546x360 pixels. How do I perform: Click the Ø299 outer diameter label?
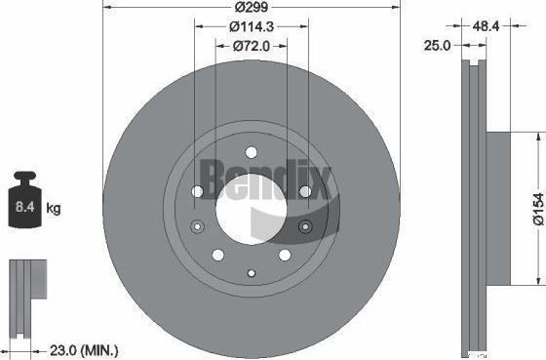click(x=252, y=7)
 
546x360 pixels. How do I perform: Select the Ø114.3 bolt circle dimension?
click(x=252, y=26)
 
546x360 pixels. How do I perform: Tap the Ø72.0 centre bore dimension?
click(x=252, y=46)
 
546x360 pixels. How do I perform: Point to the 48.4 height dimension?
click(x=486, y=25)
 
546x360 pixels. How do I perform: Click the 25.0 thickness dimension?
click(x=438, y=45)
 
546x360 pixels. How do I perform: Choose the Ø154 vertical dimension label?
click(x=538, y=209)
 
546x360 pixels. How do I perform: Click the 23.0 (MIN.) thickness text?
click(x=84, y=350)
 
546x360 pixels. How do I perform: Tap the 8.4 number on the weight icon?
click(x=25, y=207)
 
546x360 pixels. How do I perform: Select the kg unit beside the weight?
click(x=54, y=209)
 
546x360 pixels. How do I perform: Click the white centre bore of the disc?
click(x=252, y=209)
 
